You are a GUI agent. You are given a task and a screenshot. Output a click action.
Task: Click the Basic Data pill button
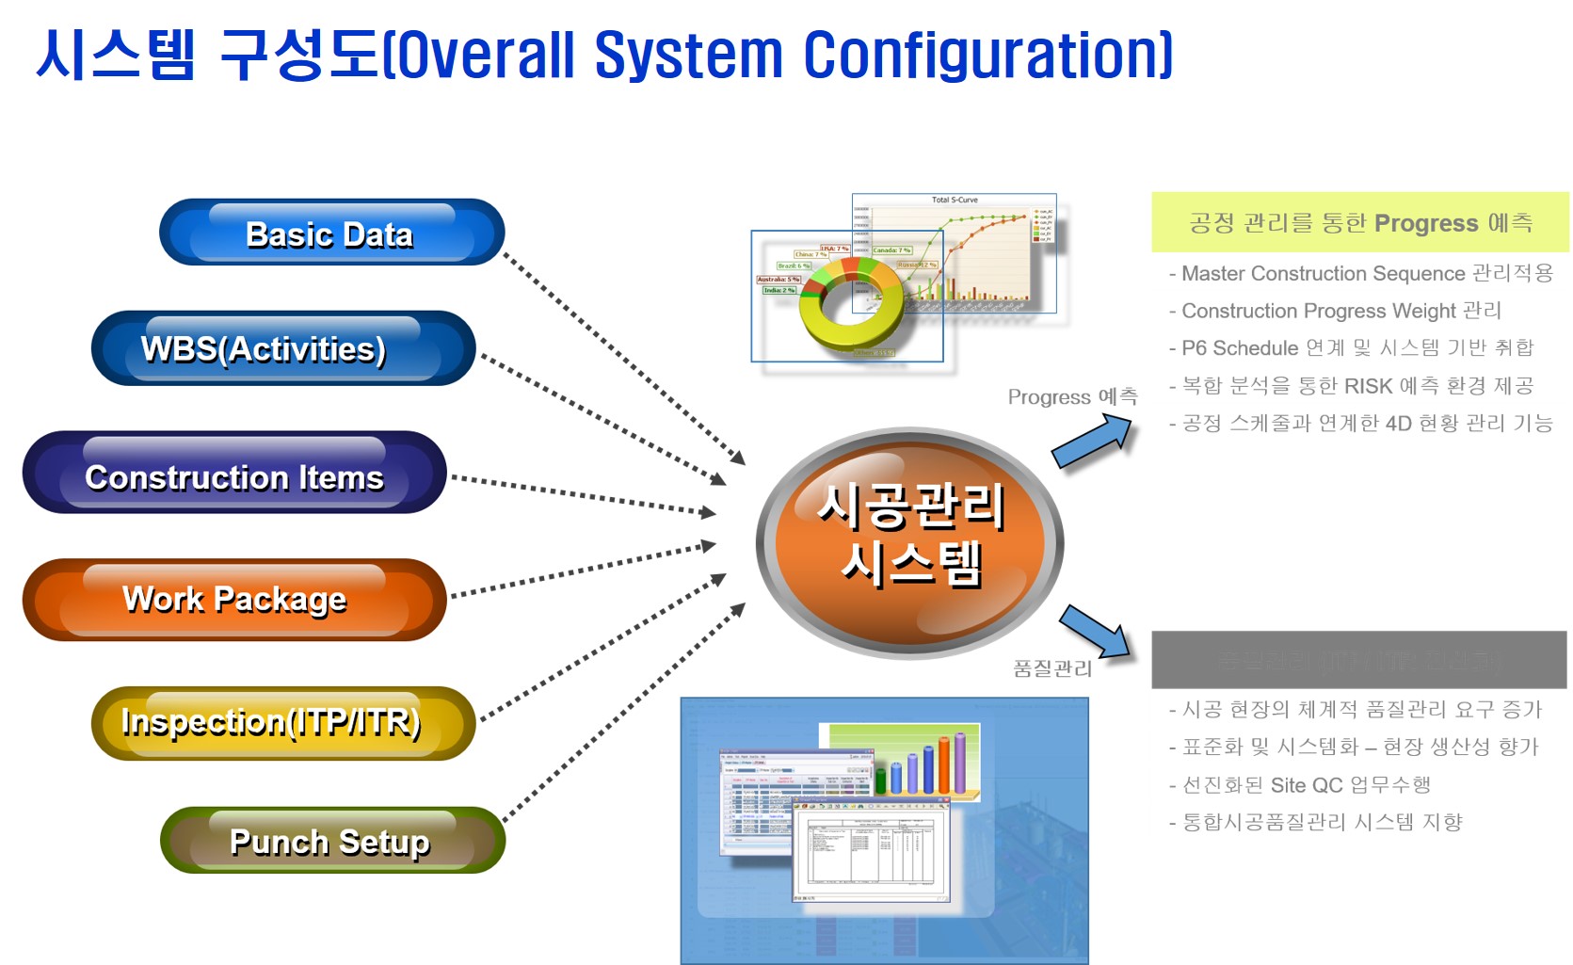pyautogui.click(x=331, y=233)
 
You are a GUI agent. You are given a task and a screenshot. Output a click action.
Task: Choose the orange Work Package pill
pyautogui.click(x=234, y=600)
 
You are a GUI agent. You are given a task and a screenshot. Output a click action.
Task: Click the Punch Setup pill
pyautogui.click(x=331, y=840)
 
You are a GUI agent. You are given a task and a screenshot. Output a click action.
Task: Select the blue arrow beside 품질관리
pyautogui.click(x=1095, y=631)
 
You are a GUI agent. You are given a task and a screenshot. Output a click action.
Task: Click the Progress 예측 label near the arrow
pyautogui.click(x=1072, y=396)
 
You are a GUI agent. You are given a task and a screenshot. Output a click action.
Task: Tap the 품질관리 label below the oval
pyautogui.click(x=1052, y=668)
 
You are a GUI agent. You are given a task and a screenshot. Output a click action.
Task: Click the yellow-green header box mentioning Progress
pyautogui.click(x=1359, y=222)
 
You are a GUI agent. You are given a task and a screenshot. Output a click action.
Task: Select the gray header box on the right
pyautogui.click(x=1358, y=660)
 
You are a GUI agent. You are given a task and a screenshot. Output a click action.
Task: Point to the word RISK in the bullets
pyautogui.click(x=1368, y=386)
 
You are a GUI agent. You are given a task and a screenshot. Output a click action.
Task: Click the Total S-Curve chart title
pyautogui.click(x=954, y=200)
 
